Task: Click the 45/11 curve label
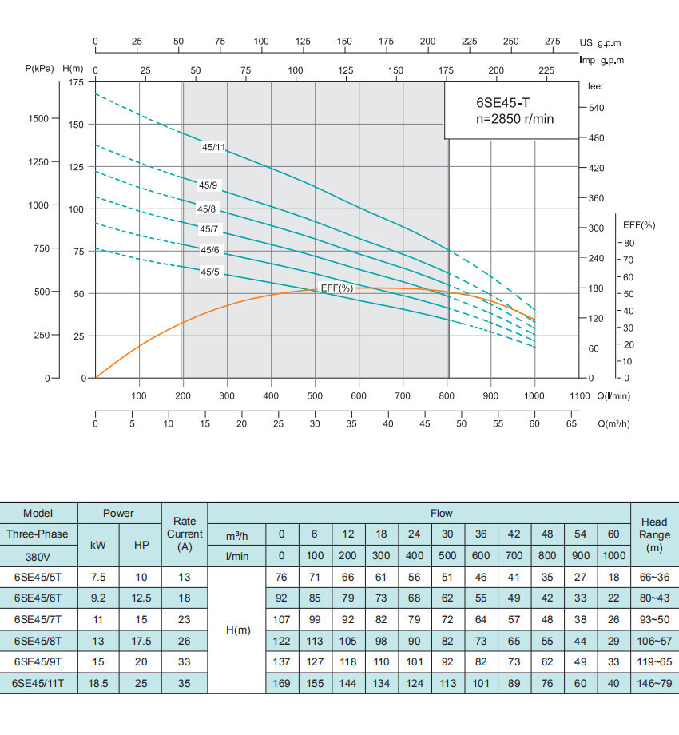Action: [x=213, y=147]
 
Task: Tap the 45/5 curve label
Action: [x=209, y=272]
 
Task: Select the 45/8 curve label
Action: [x=207, y=209]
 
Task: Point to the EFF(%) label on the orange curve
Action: [x=336, y=288]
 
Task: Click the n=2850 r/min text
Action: [x=510, y=119]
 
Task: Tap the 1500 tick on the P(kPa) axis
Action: [x=38, y=118]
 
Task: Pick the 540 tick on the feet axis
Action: [x=598, y=108]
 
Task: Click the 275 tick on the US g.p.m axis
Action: [x=552, y=42]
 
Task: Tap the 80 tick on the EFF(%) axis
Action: [x=629, y=243]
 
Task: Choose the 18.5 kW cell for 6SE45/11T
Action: [x=98, y=683]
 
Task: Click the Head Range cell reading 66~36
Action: [x=654, y=576]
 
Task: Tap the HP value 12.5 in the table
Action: [x=141, y=598]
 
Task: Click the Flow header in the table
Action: [x=441, y=513]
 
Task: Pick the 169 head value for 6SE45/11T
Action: [x=280, y=683]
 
